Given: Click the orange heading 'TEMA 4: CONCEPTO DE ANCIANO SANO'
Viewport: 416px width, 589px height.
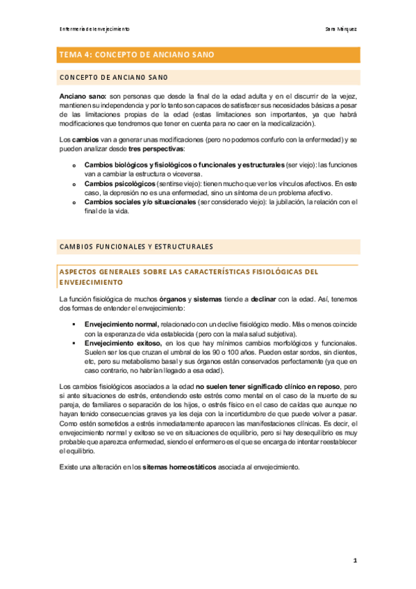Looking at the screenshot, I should [x=137, y=54].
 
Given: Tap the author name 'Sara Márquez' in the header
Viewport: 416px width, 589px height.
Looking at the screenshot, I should [x=342, y=29].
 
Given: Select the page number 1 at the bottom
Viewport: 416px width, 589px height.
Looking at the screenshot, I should [x=354, y=560].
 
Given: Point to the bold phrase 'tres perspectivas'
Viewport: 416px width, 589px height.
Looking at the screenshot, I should [x=162, y=149].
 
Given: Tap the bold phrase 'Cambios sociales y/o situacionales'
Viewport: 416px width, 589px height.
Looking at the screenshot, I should [x=140, y=202].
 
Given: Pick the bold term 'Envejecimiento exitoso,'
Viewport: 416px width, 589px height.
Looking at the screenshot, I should [x=122, y=343].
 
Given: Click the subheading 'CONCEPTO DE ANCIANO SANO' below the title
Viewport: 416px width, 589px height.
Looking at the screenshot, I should [x=113, y=76].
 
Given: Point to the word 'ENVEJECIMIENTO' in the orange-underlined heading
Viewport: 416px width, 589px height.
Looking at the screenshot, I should [x=91, y=283].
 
